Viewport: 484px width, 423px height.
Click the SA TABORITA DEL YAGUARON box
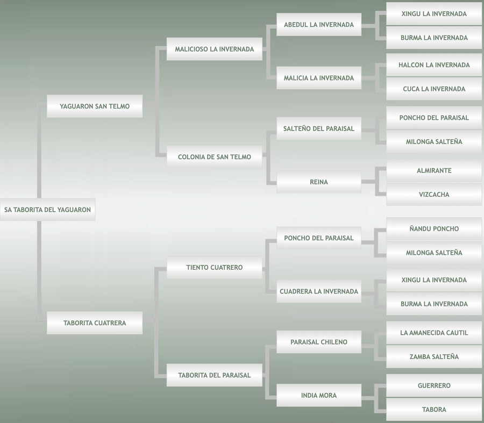point(47,210)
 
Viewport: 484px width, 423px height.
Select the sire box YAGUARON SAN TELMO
point(95,106)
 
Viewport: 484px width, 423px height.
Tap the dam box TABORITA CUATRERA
point(95,323)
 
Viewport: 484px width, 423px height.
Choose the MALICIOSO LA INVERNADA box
point(214,49)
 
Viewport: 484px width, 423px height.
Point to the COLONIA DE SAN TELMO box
point(214,157)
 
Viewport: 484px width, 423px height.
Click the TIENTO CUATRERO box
point(214,267)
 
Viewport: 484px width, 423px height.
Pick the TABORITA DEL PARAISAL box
point(214,375)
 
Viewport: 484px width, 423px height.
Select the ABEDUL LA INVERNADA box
point(319,25)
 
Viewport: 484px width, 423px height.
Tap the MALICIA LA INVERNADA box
point(319,78)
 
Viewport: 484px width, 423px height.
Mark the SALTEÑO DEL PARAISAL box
point(319,128)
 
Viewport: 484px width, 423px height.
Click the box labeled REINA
point(319,182)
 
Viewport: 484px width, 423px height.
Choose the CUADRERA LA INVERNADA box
point(319,291)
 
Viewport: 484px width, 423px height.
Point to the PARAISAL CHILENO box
point(319,342)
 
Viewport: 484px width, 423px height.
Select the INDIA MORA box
point(319,396)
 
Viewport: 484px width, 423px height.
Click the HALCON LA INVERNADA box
point(434,65)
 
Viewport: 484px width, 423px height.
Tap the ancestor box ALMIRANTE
point(434,170)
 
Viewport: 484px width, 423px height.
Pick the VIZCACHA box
point(434,195)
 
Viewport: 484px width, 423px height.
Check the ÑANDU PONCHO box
point(434,229)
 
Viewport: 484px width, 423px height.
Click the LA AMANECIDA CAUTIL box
point(434,333)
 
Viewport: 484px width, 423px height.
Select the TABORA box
point(434,410)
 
